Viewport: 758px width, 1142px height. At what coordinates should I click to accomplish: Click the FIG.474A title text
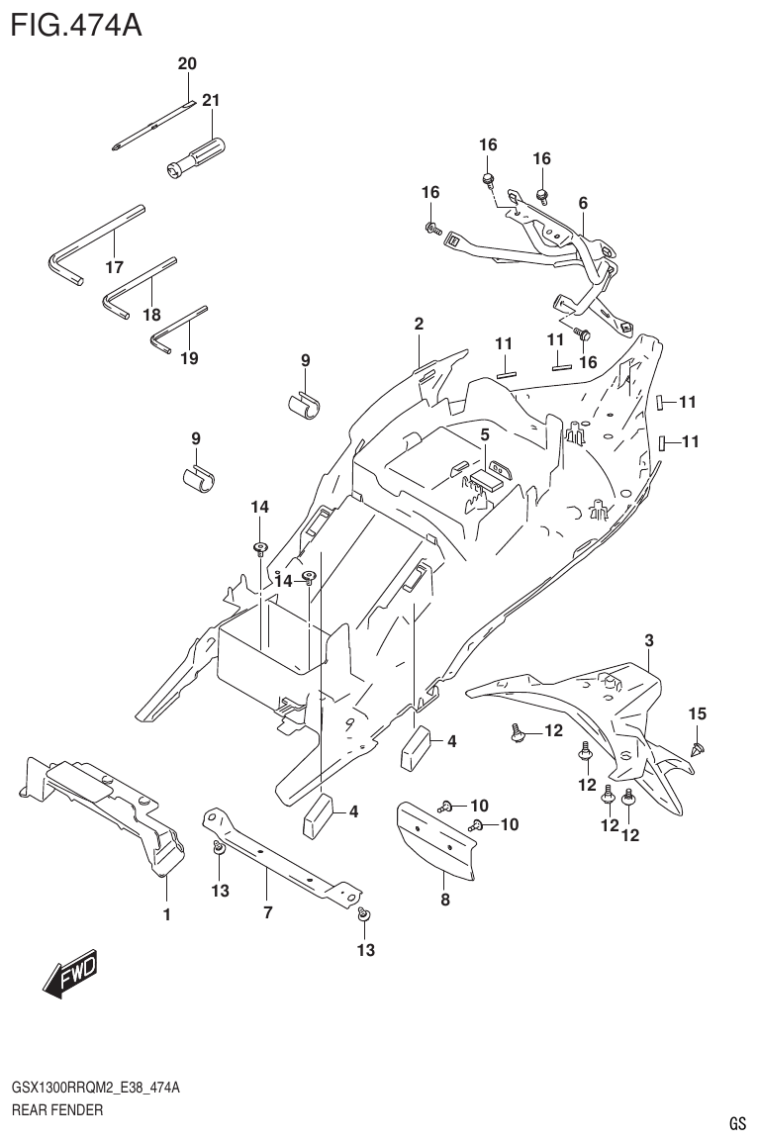coord(75,23)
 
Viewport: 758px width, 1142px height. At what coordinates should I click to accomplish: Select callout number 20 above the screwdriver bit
coord(187,64)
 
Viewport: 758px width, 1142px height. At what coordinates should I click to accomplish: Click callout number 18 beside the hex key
coord(150,314)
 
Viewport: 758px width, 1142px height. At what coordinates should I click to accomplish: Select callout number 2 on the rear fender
coord(419,324)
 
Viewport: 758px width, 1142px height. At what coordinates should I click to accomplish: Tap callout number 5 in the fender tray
coord(485,434)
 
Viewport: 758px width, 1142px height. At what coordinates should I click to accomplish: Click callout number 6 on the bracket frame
coord(583,203)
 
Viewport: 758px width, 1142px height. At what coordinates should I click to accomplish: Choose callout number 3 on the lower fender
coord(648,641)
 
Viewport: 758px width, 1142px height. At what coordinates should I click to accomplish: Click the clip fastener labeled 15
coord(699,749)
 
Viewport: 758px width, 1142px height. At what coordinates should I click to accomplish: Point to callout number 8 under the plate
coord(444,900)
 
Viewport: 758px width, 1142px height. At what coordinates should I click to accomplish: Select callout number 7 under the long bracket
coord(267,913)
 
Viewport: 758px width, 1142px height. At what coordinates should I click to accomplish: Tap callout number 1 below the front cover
coord(166,914)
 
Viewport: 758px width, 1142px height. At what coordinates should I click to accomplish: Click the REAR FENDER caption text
coord(56,1110)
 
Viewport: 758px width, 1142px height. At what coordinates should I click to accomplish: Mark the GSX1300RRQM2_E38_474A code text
coord(95,1089)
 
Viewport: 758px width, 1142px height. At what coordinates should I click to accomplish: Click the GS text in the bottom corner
coord(736,1124)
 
